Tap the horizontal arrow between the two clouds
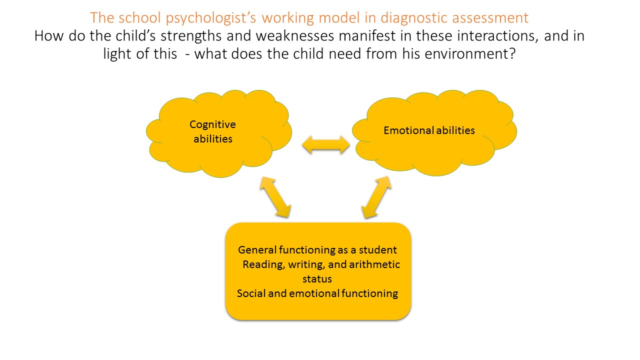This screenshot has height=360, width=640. (x=326, y=145)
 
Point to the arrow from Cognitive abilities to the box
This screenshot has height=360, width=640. (x=274, y=197)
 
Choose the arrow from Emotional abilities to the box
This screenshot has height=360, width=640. (x=376, y=197)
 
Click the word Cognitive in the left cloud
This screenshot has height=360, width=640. (x=212, y=124)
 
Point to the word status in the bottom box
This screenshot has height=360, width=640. (x=317, y=278)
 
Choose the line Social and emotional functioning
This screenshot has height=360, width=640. (x=317, y=293)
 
